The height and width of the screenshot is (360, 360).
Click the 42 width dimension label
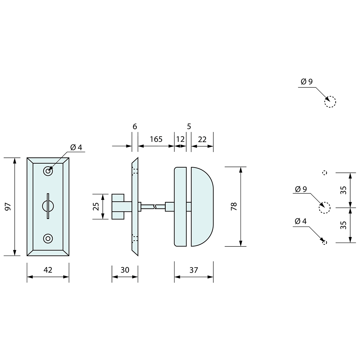tap(48, 270)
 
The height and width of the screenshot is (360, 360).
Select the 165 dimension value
tap(156, 139)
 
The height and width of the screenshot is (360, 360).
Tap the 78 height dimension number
tap(234, 207)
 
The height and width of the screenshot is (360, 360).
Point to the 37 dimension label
tap(194, 270)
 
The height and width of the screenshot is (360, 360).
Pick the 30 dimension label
tap(125, 270)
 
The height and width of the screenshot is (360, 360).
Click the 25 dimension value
tap(96, 207)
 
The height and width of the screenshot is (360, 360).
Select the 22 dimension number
tap(202, 139)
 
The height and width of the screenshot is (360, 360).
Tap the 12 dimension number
tap(180, 139)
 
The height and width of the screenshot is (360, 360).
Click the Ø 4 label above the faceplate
tap(76, 147)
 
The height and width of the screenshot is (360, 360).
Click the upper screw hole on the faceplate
tap(48, 171)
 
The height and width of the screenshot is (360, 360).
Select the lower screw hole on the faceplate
tap(48, 239)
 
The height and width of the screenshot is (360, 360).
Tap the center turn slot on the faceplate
tap(48, 206)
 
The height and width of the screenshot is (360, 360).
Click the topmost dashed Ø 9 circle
tap(330, 102)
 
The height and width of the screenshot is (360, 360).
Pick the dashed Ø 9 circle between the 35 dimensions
tap(324, 207)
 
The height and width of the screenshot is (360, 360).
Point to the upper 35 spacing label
tap(343, 190)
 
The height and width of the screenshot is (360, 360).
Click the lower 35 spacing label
tap(343, 225)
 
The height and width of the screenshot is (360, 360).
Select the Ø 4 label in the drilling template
tap(300, 221)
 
